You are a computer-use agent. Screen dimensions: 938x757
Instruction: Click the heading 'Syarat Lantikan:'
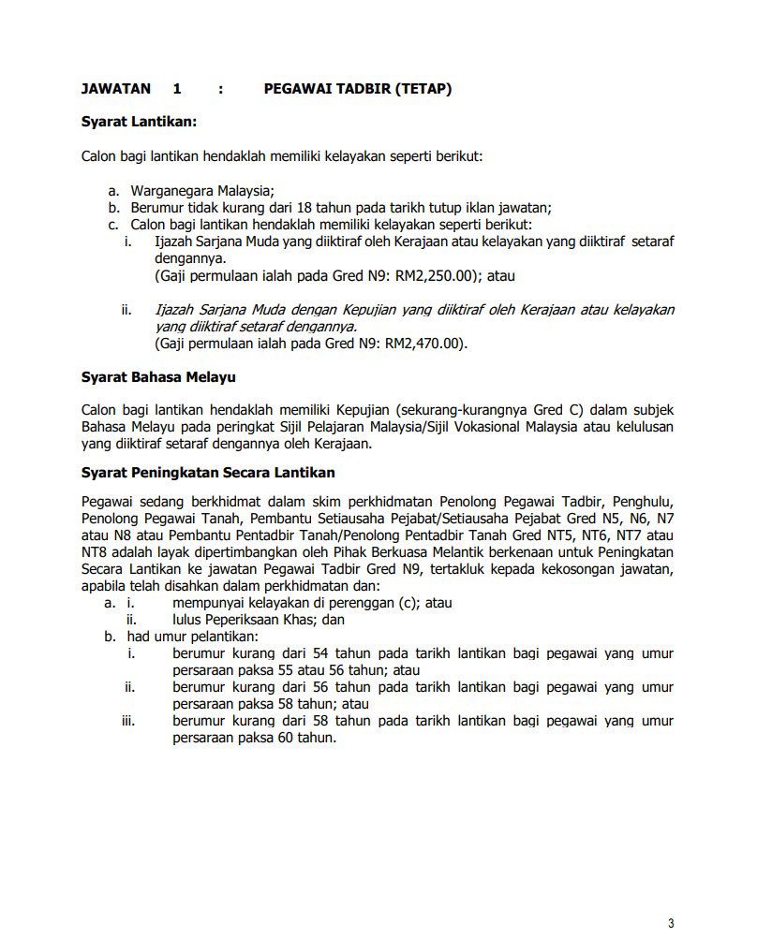[x=140, y=121]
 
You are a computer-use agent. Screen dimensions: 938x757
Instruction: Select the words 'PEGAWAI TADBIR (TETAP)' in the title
[x=358, y=89]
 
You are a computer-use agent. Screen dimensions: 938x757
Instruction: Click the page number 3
[x=671, y=923]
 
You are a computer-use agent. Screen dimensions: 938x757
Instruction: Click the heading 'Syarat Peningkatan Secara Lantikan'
[x=208, y=472]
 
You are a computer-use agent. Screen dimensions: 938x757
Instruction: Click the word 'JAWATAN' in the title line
[x=116, y=89]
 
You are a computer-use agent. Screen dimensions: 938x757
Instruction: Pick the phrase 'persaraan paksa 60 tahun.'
[x=254, y=738]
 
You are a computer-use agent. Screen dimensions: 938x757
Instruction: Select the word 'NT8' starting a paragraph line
[x=95, y=551]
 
